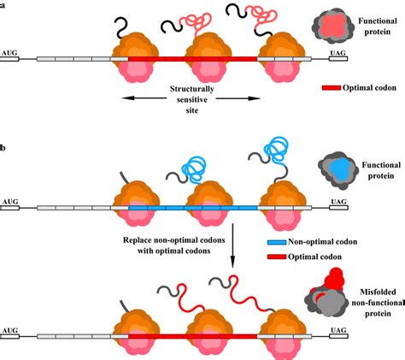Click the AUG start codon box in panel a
[9, 59]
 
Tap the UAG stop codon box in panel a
[338, 59]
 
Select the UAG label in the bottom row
[338, 330]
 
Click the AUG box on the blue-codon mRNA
[9, 208]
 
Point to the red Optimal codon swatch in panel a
[332, 88]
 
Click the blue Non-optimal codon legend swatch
[277, 242]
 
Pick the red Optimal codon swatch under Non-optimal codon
[277, 257]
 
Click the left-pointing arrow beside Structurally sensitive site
[144, 98]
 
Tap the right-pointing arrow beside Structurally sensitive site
[238, 98]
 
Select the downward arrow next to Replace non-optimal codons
[232, 245]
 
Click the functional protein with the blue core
[338, 168]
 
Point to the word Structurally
[192, 89]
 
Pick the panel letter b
[2, 148]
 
